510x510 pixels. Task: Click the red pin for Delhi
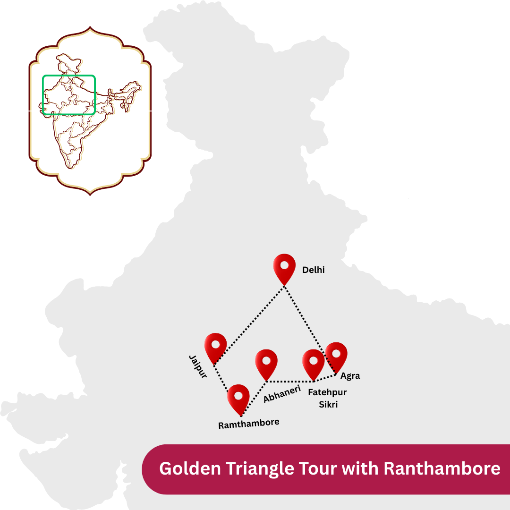click(284, 267)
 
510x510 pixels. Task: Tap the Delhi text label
click(313, 271)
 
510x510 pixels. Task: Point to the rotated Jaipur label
click(198, 366)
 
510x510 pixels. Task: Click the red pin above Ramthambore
click(238, 398)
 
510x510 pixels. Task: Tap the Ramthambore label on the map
click(248, 423)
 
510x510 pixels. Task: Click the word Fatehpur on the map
click(327, 392)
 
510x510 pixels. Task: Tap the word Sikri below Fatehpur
click(328, 405)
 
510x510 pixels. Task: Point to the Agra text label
click(350, 376)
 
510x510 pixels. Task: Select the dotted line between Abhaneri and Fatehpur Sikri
click(290, 381)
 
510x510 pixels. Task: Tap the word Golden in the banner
click(190, 469)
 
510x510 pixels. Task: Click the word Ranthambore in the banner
click(442, 469)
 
